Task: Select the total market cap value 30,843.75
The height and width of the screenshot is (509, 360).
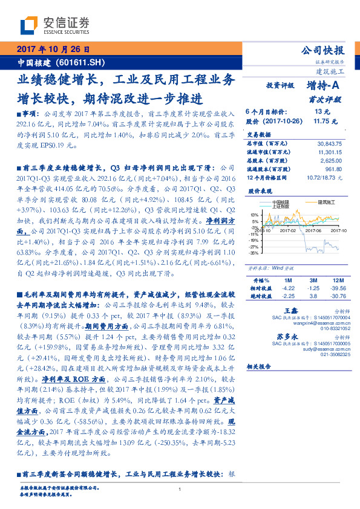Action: [x=329, y=143]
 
